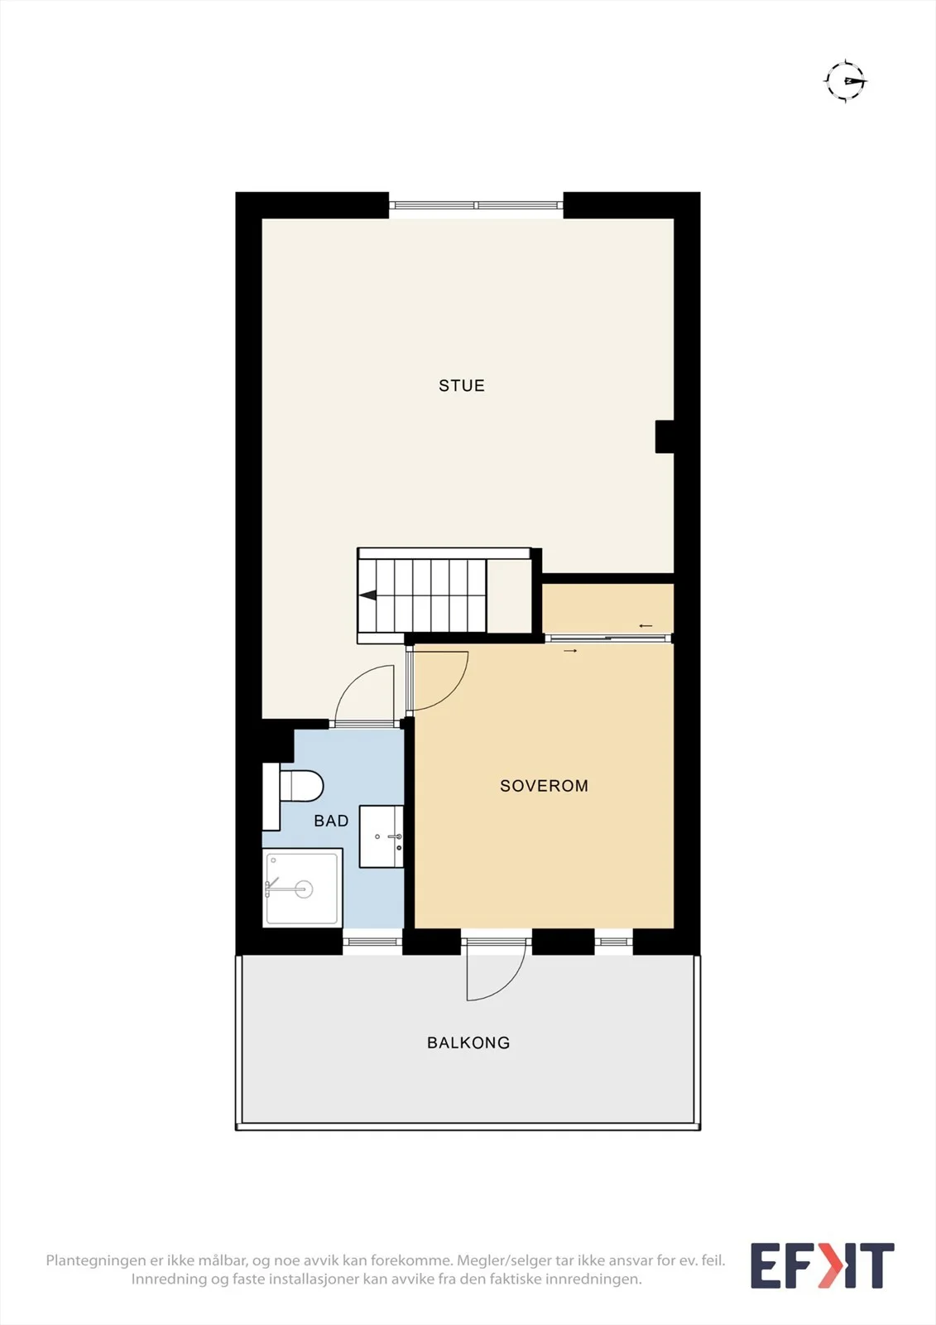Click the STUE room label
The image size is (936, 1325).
(x=461, y=386)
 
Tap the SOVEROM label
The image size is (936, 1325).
(x=544, y=786)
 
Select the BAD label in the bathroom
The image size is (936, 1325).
(x=331, y=821)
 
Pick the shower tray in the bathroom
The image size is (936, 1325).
(x=303, y=888)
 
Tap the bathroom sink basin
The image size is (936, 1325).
(x=382, y=836)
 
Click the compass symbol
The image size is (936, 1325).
(x=846, y=81)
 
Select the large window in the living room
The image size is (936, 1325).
(x=476, y=205)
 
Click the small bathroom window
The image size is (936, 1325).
(x=372, y=942)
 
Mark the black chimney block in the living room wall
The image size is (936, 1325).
(x=665, y=436)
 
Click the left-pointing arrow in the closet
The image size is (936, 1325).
(x=646, y=625)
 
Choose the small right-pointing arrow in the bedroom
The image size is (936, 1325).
(x=570, y=651)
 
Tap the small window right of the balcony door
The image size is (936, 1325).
(x=614, y=942)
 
